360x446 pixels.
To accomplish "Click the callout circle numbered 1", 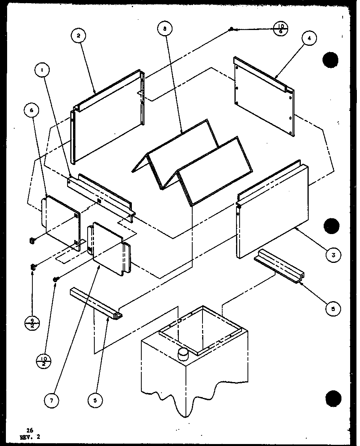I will point(41,71).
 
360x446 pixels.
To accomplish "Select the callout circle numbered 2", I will point(78,36).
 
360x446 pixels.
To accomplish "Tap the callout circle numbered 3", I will point(334,255).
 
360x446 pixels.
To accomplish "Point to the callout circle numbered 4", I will point(309,38).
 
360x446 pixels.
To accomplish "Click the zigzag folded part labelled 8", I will point(189,162).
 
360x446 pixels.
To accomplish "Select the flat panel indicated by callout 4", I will point(264,99).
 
